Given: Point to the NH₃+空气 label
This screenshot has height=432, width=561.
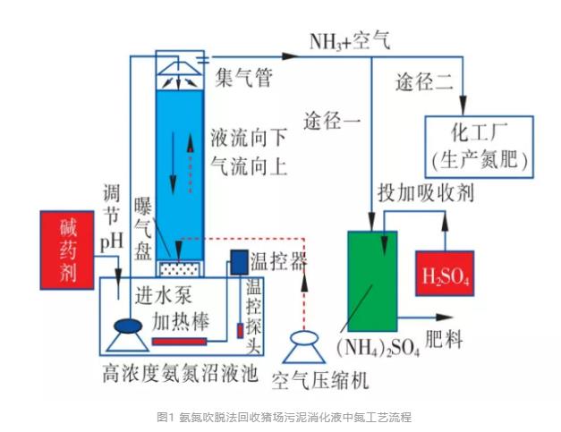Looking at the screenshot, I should coord(351,41).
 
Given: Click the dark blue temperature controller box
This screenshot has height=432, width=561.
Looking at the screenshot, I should coord(239,261).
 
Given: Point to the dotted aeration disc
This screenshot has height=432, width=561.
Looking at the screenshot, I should coord(180,267).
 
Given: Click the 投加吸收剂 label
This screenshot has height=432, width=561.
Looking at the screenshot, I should coord(426,193).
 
